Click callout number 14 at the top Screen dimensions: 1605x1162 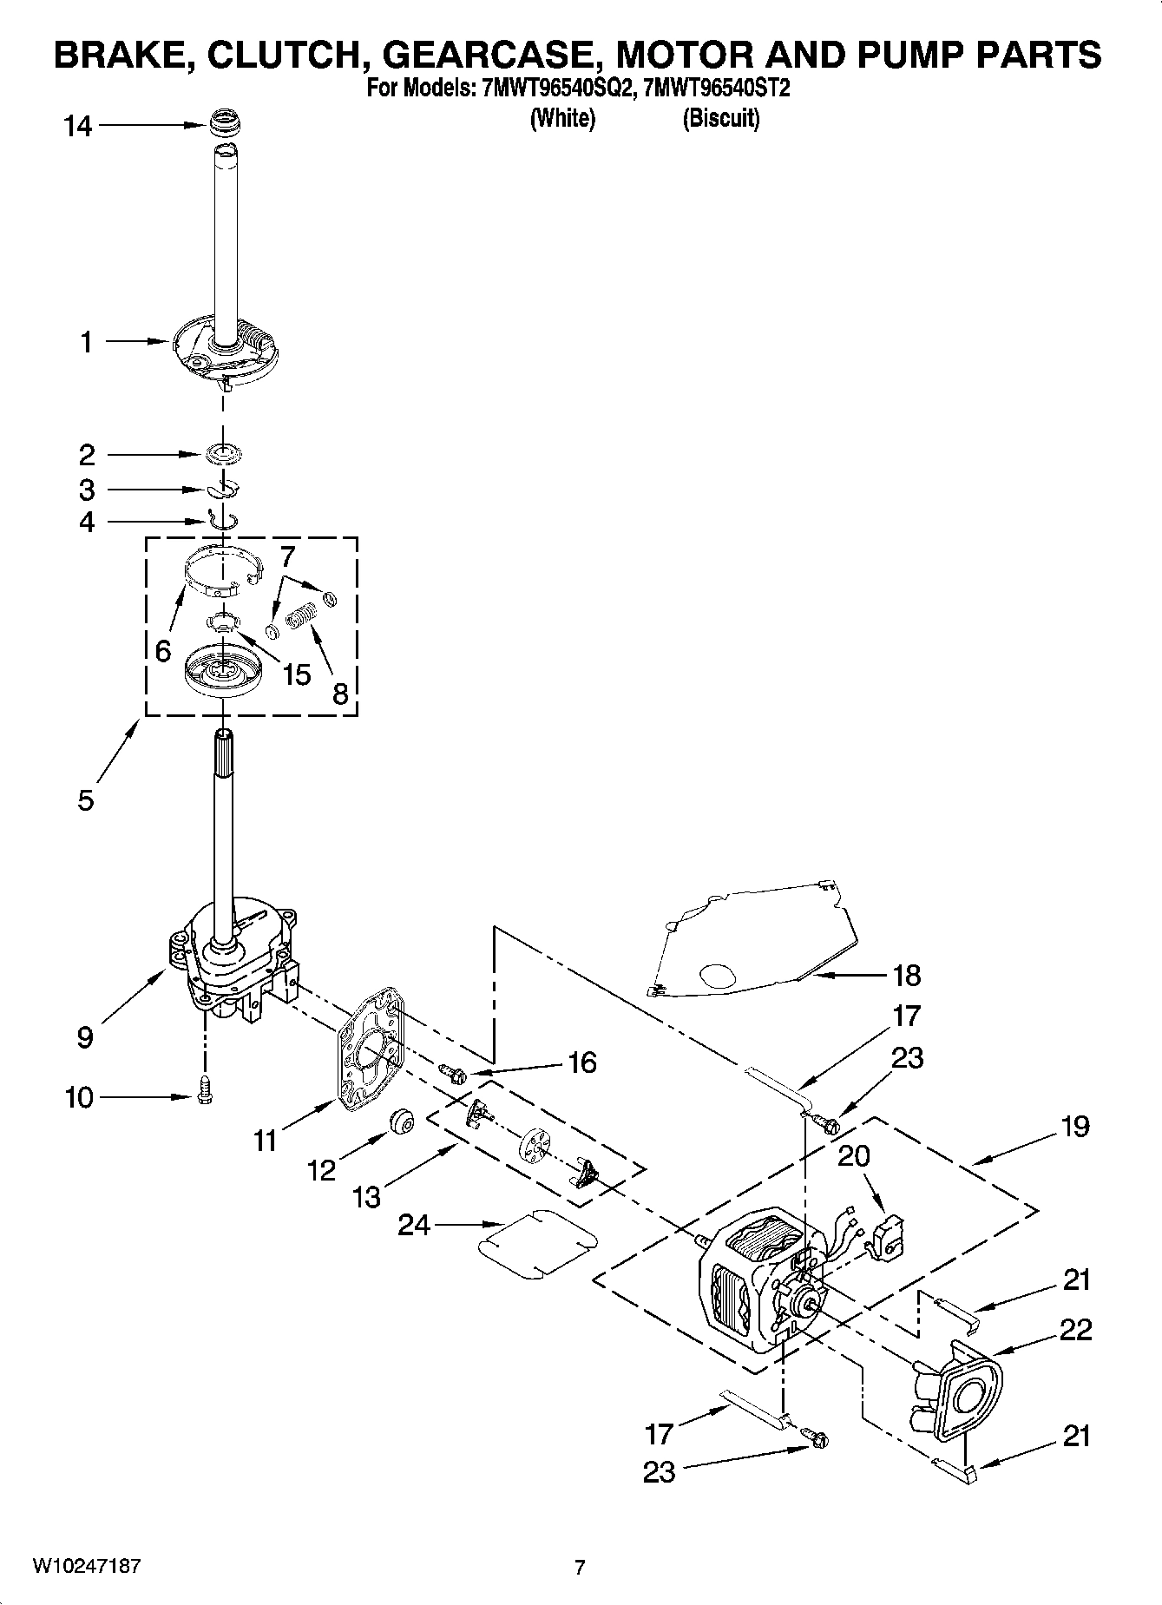(x=77, y=127)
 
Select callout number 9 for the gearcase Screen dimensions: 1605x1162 (x=85, y=1036)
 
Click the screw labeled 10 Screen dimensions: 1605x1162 (x=205, y=1089)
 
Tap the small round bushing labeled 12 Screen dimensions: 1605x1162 (x=401, y=1121)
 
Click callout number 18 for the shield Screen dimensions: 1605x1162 (x=906, y=976)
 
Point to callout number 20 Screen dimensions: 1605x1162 (x=854, y=1156)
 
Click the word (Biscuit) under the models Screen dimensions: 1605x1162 (x=720, y=118)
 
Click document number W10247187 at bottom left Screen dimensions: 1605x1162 (x=86, y=1566)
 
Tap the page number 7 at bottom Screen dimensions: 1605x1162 (x=580, y=1567)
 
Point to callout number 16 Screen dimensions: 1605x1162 (x=581, y=1062)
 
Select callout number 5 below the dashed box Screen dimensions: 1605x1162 (x=85, y=799)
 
